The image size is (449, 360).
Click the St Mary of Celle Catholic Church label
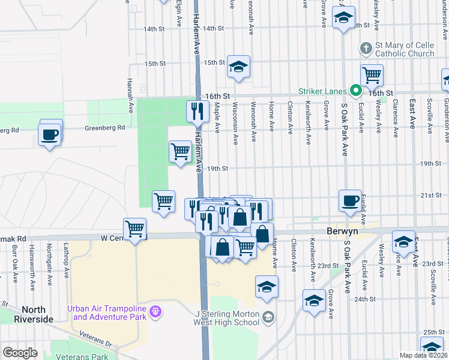(x=405, y=49)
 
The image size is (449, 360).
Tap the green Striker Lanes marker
(x=355, y=91)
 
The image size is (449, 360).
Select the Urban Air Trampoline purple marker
(x=155, y=311)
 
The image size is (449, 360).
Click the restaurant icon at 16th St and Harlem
(x=196, y=110)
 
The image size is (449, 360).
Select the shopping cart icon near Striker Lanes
(x=372, y=75)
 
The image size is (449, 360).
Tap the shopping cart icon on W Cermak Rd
(x=135, y=229)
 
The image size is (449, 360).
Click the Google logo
(x=20, y=353)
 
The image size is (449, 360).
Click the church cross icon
(x=366, y=47)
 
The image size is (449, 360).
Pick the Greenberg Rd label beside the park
(x=105, y=127)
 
